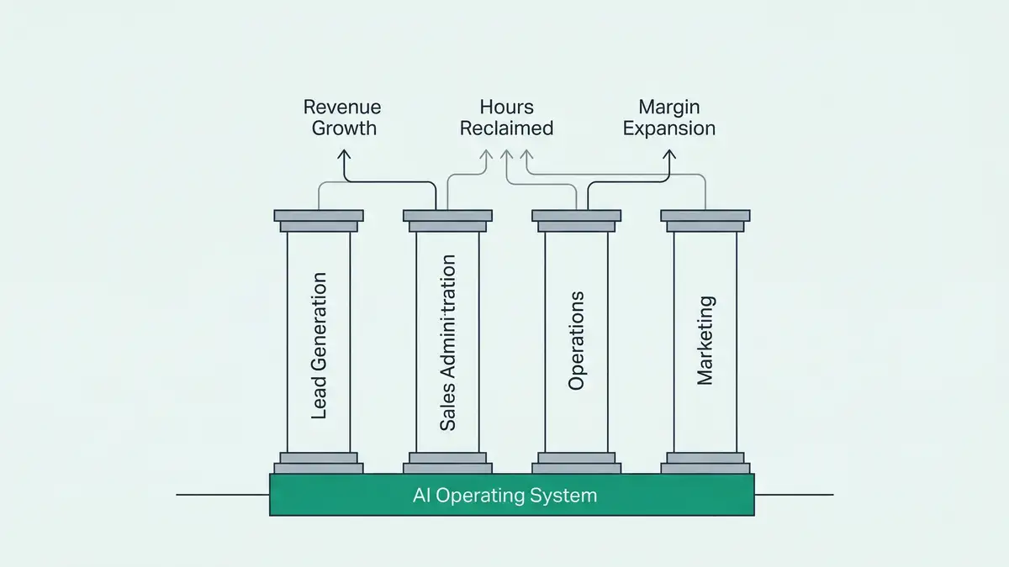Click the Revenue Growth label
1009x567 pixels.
click(342, 118)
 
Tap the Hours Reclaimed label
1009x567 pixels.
click(506, 118)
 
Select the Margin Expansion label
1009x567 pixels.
click(669, 118)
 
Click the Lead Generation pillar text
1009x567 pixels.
click(319, 346)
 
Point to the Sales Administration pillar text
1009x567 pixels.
click(448, 343)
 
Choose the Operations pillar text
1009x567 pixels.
click(576, 340)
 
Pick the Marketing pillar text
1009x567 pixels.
click(705, 340)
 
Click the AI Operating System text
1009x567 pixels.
click(505, 496)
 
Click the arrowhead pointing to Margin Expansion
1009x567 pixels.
click(670, 155)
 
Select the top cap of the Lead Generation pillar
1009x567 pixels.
click(319, 216)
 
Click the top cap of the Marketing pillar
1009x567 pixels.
click(705, 216)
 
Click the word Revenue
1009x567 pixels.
click(342, 108)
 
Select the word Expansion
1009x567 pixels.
click(669, 129)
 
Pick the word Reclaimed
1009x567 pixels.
click(506, 129)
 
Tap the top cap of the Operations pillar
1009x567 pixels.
click(576, 216)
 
